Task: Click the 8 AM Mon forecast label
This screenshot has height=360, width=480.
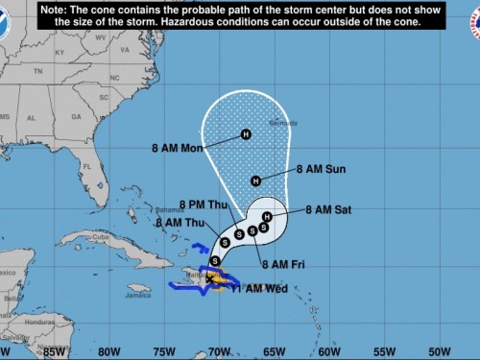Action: [178, 148]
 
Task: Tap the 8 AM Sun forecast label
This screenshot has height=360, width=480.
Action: [322, 168]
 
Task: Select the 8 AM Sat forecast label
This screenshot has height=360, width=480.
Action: [329, 209]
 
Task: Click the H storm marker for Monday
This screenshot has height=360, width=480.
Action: [246, 134]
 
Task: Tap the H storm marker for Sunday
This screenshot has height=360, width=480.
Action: [255, 180]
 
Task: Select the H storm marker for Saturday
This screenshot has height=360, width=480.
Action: [267, 217]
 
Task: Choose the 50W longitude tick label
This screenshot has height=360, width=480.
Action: [439, 351]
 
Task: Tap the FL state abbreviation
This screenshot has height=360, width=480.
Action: [85, 166]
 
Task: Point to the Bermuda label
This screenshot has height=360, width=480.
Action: [283, 123]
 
